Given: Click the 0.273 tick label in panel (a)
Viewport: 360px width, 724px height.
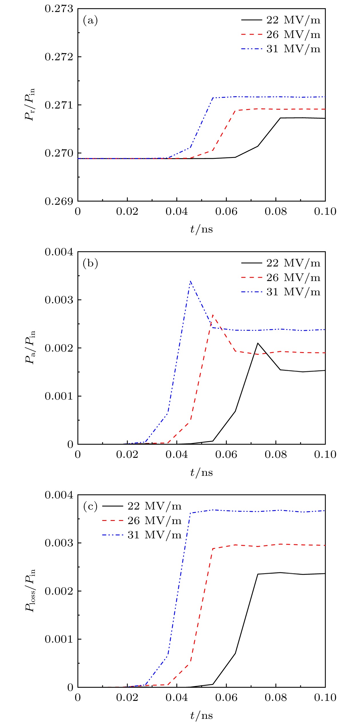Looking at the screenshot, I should point(59,9).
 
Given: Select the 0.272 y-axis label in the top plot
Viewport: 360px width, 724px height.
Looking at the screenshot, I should point(59,57).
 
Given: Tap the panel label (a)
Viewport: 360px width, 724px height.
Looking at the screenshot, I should point(90,21).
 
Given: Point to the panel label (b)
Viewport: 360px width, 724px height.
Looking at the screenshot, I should point(90,263).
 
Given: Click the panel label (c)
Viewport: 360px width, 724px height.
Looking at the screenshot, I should point(90,506).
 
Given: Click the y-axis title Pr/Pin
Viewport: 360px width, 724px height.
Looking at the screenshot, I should point(30,105).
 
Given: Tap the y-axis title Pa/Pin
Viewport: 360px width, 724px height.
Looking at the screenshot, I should point(30,347).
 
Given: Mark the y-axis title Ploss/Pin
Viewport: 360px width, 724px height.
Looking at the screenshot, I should point(30,590).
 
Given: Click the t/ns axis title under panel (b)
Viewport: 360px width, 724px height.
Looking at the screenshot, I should point(201,473).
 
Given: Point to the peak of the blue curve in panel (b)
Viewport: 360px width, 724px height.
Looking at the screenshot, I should point(191,281).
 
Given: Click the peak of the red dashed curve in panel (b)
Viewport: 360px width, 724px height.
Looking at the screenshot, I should point(213,315).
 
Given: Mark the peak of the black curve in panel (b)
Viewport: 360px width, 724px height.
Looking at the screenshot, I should point(258,343).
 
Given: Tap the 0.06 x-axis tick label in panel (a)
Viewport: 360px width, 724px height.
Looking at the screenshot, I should point(226,212).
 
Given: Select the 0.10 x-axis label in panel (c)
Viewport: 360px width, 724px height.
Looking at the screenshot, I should point(325,698).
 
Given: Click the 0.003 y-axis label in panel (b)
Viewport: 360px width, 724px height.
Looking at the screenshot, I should point(59,300).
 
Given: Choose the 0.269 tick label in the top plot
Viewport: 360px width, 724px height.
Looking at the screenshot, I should point(59,202).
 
